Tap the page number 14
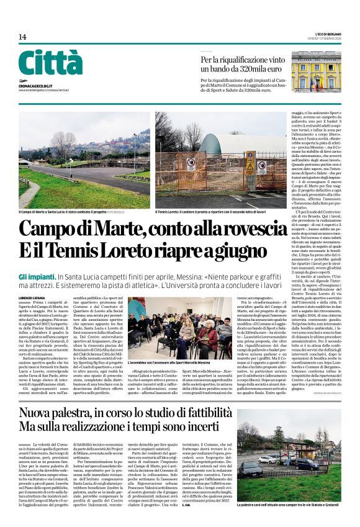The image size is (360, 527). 22,37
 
